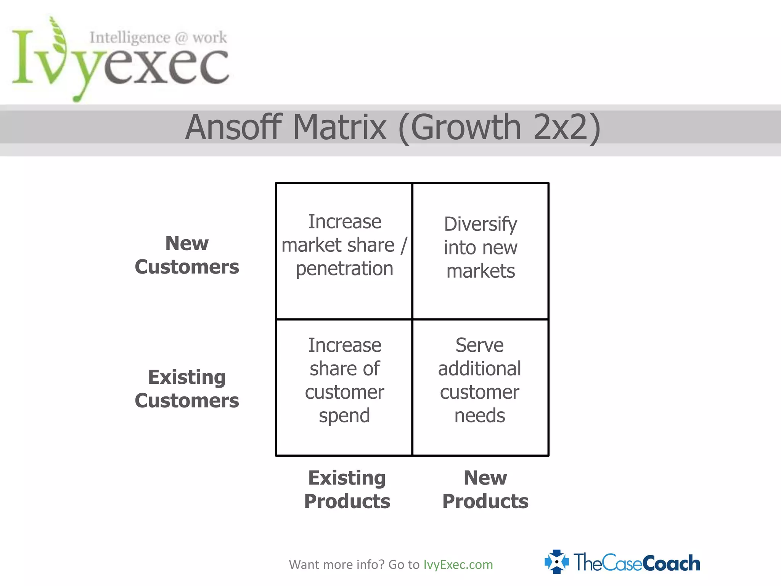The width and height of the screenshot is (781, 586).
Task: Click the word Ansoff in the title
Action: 233,127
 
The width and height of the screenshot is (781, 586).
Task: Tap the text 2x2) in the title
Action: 567,127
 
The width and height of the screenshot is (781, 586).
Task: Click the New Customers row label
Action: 187,255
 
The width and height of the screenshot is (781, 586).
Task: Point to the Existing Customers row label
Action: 187,389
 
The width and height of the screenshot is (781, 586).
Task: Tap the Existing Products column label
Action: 347,489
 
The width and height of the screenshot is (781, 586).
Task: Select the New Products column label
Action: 485,489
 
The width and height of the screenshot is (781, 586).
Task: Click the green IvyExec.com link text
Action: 458,565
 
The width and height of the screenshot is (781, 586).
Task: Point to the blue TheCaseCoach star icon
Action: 557,562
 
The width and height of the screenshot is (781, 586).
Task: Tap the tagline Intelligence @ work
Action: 158,38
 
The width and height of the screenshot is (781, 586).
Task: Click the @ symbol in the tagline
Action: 181,38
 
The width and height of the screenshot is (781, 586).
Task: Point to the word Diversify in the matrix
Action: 480,224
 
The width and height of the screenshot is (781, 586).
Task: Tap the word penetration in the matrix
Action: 344,269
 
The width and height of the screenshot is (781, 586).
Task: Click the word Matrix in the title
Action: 339,127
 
